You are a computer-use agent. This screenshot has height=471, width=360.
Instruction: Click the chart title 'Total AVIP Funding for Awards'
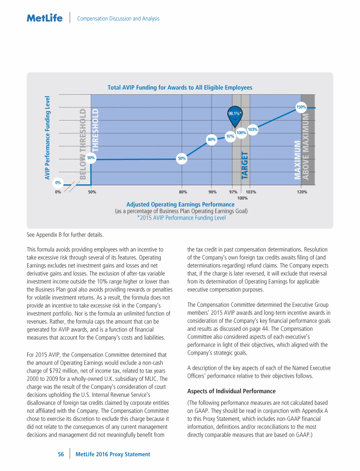tap(180, 88)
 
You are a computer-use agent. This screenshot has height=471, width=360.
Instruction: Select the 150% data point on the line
tap(301, 107)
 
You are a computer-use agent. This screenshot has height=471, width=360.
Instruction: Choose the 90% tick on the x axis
tap(212, 192)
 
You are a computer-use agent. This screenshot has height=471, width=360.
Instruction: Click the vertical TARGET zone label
tap(245, 165)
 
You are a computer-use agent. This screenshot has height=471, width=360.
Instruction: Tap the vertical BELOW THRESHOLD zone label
tap(83, 144)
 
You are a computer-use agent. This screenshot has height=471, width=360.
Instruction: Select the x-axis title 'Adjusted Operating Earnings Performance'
tap(180, 205)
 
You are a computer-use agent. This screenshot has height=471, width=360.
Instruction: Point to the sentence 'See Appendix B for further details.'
tap(65, 235)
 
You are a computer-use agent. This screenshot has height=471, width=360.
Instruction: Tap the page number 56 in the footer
tap(61, 454)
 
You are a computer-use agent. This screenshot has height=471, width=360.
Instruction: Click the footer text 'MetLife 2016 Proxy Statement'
tap(113, 454)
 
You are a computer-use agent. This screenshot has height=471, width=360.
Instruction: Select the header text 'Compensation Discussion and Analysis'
tap(118, 19)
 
